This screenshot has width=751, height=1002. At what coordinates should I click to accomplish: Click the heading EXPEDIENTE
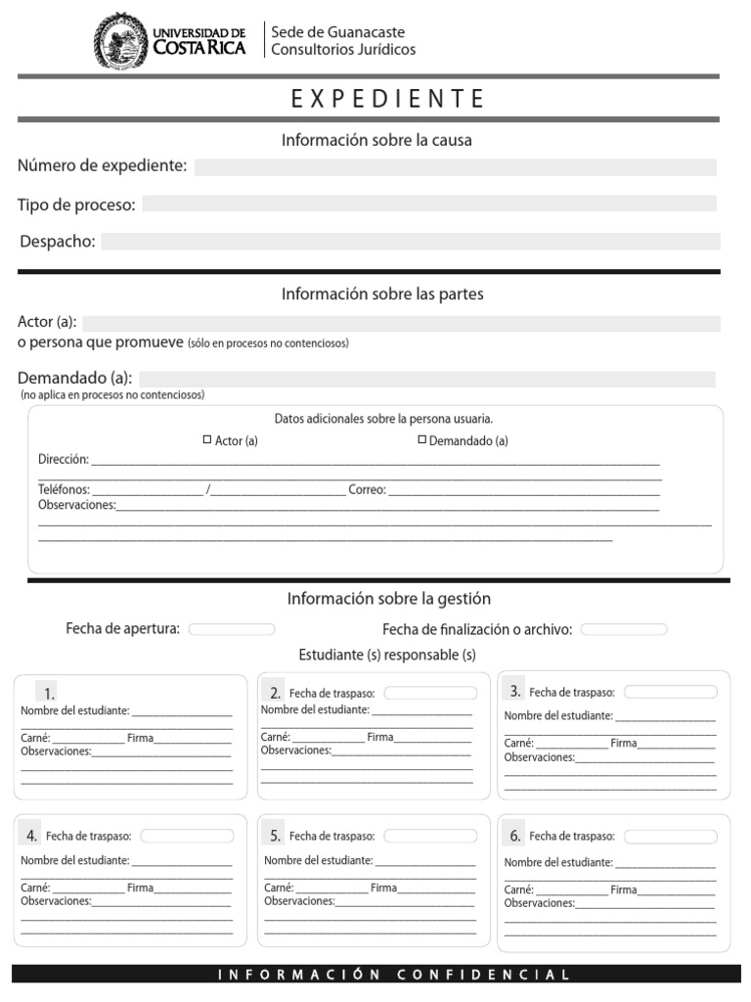pos(388,99)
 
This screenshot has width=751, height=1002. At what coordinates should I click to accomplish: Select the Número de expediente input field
pos(455,167)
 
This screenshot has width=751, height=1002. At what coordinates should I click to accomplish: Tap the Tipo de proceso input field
pos(428,204)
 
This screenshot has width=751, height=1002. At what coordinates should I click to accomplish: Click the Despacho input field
pos(410,242)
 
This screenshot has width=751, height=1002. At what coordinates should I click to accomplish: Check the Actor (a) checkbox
pos(207,440)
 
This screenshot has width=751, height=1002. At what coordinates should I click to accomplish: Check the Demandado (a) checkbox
pos(422,440)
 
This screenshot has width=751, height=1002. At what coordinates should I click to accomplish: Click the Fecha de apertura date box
pos(232,629)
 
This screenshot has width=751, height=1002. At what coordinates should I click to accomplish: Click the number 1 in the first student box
pos(49,692)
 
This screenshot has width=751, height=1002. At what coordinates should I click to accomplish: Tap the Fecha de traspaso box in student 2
pos(430,693)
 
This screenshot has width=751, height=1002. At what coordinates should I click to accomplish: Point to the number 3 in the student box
pos(514,691)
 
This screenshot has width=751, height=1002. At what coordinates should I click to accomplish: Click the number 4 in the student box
pos(32,836)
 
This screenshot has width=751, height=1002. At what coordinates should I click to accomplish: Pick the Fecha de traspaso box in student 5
pos(430,836)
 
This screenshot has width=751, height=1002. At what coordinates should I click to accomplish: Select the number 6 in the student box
pos(514,836)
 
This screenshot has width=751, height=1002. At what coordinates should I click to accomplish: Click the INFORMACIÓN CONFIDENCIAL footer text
pos(393,975)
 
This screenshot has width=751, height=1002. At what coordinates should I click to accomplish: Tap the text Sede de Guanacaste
pos(337,32)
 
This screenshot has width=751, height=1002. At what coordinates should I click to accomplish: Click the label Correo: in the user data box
pos(367,489)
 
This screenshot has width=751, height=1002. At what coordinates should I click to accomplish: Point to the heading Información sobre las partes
pos(382,294)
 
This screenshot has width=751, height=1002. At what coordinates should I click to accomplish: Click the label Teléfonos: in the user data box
pos(64,489)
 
